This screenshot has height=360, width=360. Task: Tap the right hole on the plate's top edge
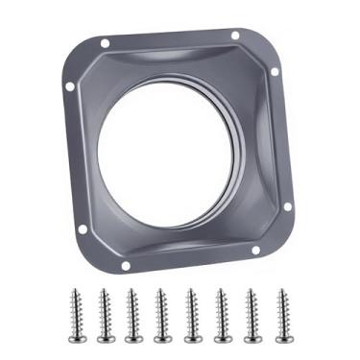pyautogui.click(x=235, y=36)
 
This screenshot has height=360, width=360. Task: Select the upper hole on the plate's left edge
pyautogui.click(x=70, y=86)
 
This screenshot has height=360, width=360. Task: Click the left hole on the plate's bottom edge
pyautogui.click(x=125, y=265)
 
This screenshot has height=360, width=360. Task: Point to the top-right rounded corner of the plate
pyautogui.click(x=264, y=40)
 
